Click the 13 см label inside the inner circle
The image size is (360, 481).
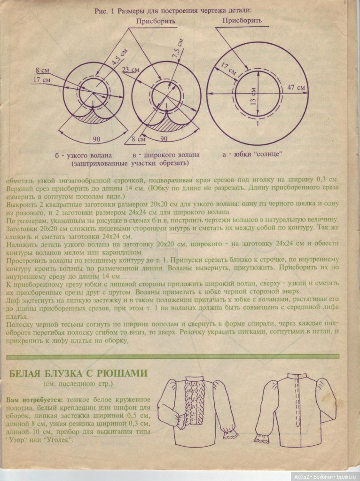[253, 97]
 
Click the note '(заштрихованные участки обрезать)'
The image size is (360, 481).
[130, 164]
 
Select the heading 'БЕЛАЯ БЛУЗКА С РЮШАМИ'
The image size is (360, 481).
[78, 374]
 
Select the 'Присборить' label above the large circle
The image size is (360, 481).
[242, 21]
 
